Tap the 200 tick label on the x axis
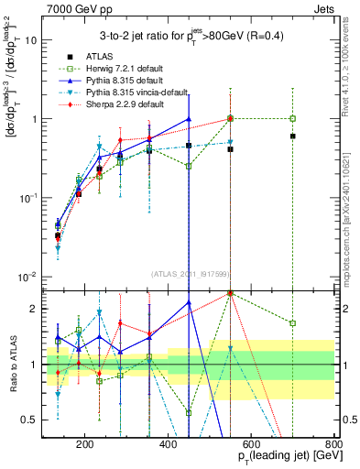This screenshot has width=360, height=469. pos(84,445)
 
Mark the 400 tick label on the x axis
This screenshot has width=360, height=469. pos(168,445)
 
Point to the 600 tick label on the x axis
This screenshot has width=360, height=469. pos(251,445)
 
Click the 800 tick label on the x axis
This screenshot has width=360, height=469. pos(333,445)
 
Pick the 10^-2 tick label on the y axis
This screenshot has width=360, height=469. pos(28,277)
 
